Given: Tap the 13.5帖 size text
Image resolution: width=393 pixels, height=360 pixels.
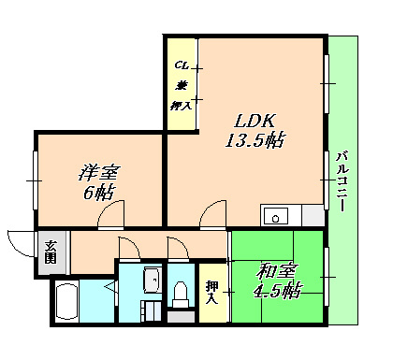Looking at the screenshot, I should [x=254, y=141].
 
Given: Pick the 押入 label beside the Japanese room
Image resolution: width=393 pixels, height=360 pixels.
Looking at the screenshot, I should [x=211, y=292].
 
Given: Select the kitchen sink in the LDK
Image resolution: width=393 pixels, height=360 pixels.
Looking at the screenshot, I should [x=277, y=217].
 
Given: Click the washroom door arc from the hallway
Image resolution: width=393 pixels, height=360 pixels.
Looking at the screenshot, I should [x=129, y=249].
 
